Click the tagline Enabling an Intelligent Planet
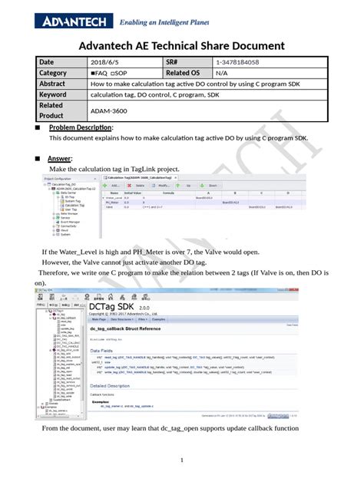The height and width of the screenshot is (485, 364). click(165, 22)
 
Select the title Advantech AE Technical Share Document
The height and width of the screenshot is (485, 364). click(182, 46)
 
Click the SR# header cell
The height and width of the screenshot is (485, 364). click(176, 61)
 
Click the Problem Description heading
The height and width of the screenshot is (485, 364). click(81, 127)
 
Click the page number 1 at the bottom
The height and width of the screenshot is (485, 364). click(182, 460)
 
